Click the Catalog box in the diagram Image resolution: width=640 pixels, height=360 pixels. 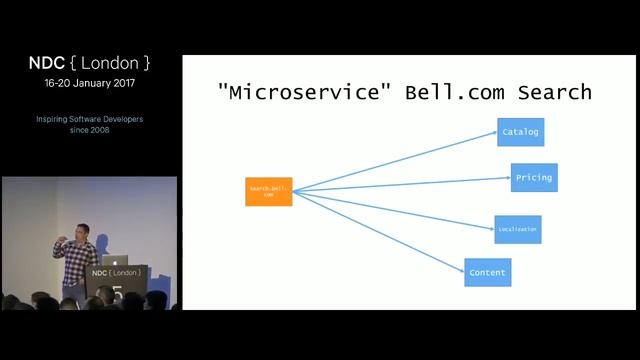(x=520, y=132)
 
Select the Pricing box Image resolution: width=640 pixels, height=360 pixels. (x=533, y=177)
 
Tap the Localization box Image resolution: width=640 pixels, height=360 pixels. (x=517, y=229)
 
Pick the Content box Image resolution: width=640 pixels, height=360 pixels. (x=487, y=272)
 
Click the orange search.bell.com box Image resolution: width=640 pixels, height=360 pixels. (x=268, y=191)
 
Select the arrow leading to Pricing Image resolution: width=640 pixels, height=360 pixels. (x=400, y=184)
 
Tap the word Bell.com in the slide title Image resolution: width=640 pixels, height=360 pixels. (x=451, y=93)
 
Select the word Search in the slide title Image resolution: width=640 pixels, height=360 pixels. (x=554, y=93)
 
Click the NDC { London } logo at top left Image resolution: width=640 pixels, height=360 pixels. (x=90, y=63)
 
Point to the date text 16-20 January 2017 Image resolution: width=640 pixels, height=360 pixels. (x=90, y=85)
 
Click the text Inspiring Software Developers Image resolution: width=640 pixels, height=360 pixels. (x=90, y=119)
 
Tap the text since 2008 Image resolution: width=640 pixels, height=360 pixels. (x=90, y=130)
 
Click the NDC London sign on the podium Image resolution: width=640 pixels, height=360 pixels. (x=116, y=272)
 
